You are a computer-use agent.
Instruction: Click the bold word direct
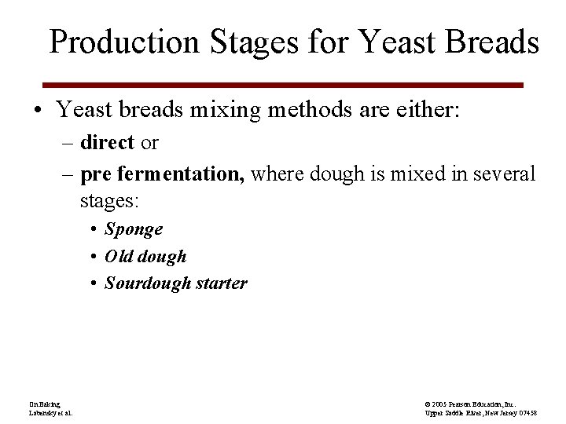(108, 143)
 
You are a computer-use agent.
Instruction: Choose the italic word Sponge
(134, 229)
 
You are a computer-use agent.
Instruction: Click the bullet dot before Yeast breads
(39, 110)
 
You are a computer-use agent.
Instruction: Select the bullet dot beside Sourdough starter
(93, 284)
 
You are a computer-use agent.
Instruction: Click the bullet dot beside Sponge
(93, 230)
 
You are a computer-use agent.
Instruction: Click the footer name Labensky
(41, 412)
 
